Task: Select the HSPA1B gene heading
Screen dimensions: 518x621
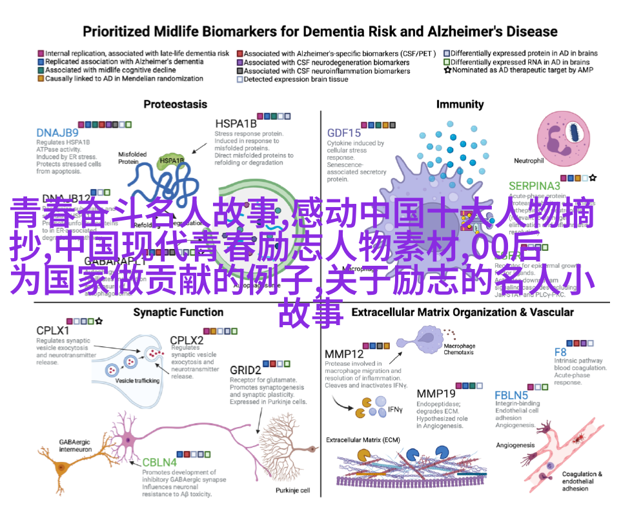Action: pyautogui.click(x=236, y=123)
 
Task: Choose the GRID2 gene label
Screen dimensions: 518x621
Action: pyautogui.click(x=245, y=370)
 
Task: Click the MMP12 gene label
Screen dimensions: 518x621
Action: pyautogui.click(x=344, y=354)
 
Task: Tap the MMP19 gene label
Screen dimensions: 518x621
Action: pyautogui.click(x=436, y=393)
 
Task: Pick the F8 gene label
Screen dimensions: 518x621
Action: pyautogui.click(x=561, y=352)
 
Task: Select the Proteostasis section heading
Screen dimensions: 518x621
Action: pyautogui.click(x=175, y=104)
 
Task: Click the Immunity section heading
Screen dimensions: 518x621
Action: pyautogui.click(x=460, y=104)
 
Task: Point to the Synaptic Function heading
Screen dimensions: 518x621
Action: pyautogui.click(x=178, y=312)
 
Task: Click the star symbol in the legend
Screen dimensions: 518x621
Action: pyautogui.click(x=447, y=70)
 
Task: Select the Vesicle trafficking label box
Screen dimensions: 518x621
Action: pyautogui.click(x=137, y=381)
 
